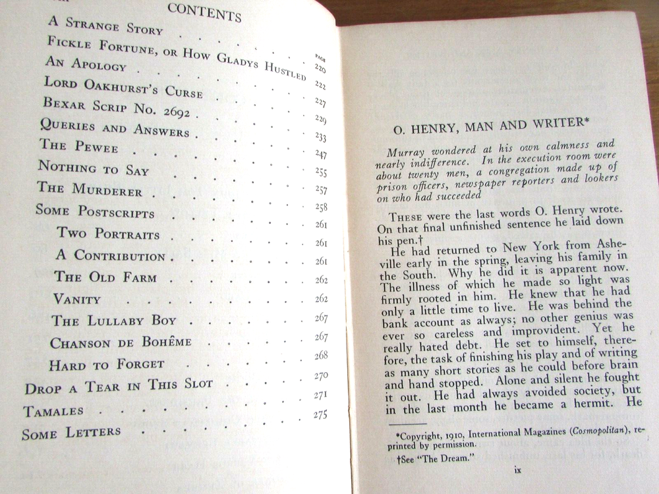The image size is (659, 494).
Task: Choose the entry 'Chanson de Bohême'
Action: pyautogui.click(x=121, y=343)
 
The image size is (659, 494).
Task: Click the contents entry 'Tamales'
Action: pyautogui.click(x=53, y=411)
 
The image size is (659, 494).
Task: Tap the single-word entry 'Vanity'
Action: pyautogui.click(x=77, y=299)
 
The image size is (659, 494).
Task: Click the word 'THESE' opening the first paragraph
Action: pyautogui.click(x=409, y=219)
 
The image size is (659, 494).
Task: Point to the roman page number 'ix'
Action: pyautogui.click(x=517, y=470)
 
